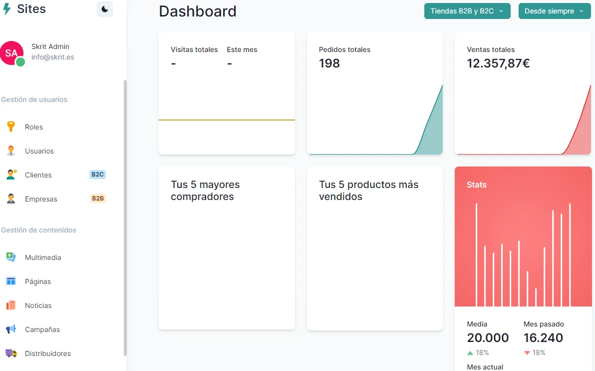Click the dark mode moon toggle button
coord(105,9)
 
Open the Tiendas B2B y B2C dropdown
coord(467,11)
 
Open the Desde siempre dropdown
coord(554,11)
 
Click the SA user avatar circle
coord(11,53)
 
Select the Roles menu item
coord(34,127)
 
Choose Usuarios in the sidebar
coord(39,151)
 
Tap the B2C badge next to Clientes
coord(97,174)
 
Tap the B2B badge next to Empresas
coord(98,198)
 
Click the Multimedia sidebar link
coord(43,257)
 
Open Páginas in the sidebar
coord(38,281)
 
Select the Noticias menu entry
coord(38,305)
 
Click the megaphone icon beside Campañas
coord(11,329)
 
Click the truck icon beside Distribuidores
coord(11,353)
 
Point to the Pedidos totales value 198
coord(329,63)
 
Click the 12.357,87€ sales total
coord(498,63)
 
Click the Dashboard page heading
coord(198,11)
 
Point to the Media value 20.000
coord(488,338)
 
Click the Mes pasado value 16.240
coord(543,338)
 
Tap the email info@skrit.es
coord(53,57)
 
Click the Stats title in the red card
coord(477,185)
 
